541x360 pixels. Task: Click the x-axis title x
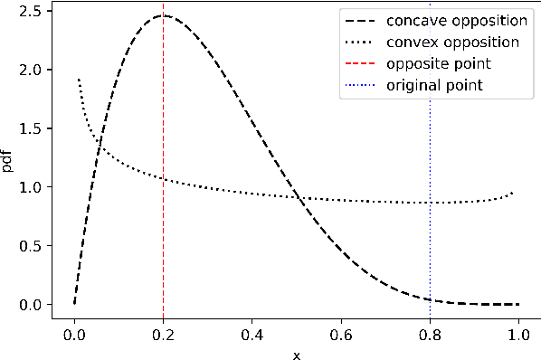[x=296, y=354]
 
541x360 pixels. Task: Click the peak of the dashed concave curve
[x=163, y=15]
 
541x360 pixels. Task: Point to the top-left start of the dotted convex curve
[x=79, y=80]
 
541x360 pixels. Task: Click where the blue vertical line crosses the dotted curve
[x=430, y=203]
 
